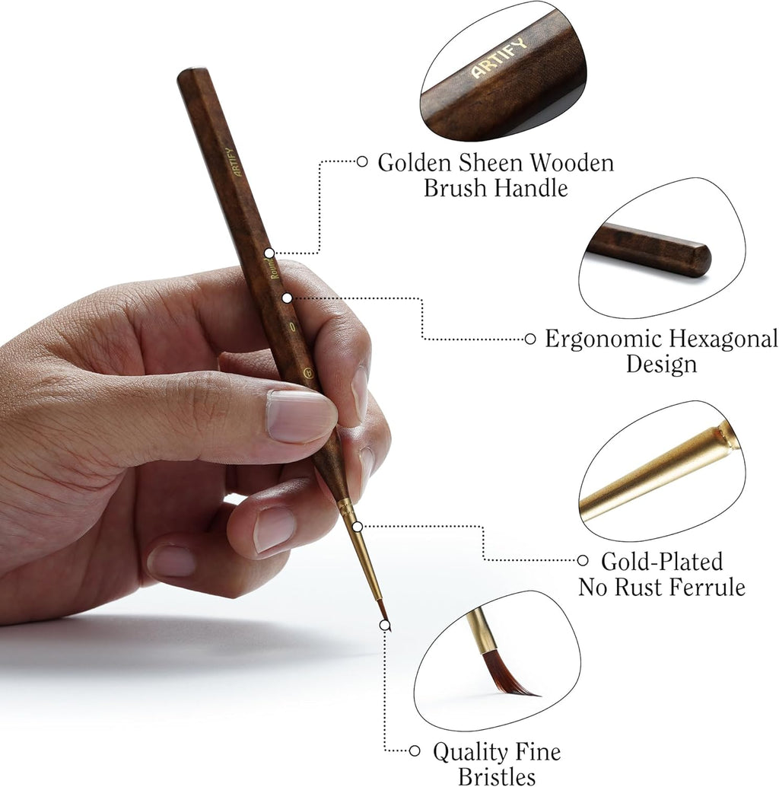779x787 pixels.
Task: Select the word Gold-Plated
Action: [662, 562]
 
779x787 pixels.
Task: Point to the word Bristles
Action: [496, 776]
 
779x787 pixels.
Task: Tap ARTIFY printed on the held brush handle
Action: [227, 162]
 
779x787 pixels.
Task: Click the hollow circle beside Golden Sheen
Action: [362, 161]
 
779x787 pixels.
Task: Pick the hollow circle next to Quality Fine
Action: [415, 750]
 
